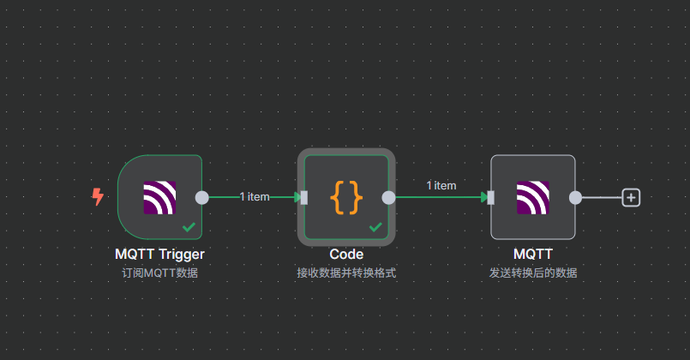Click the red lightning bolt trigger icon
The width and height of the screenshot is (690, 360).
[x=98, y=197]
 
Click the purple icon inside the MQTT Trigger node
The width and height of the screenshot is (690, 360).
[x=159, y=197]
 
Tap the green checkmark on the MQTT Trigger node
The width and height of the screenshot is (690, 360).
[x=189, y=227]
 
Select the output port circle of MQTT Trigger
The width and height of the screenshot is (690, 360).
[x=201, y=197]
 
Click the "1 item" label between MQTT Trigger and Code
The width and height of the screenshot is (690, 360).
[x=255, y=197]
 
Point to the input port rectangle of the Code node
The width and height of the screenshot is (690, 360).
[x=303, y=197]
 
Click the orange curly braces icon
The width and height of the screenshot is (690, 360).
[x=346, y=197]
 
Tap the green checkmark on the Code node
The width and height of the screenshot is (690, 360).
[x=375, y=227]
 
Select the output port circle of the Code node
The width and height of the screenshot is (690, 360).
[x=388, y=197]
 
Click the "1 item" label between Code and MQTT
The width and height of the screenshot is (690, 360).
[x=441, y=185]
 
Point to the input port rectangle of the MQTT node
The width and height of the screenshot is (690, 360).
[x=490, y=197]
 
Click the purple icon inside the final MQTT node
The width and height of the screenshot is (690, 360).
[x=532, y=197]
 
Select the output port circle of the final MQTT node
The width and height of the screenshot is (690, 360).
[x=575, y=197]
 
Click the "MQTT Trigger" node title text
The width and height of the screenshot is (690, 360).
[x=159, y=255]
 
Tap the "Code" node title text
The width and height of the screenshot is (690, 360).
[x=346, y=255]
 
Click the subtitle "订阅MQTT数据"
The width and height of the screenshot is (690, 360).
[x=159, y=273]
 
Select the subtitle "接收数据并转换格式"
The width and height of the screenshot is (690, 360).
[x=346, y=273]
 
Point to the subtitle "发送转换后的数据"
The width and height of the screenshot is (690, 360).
[x=532, y=273]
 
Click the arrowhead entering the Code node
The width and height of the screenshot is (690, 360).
[x=296, y=197]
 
